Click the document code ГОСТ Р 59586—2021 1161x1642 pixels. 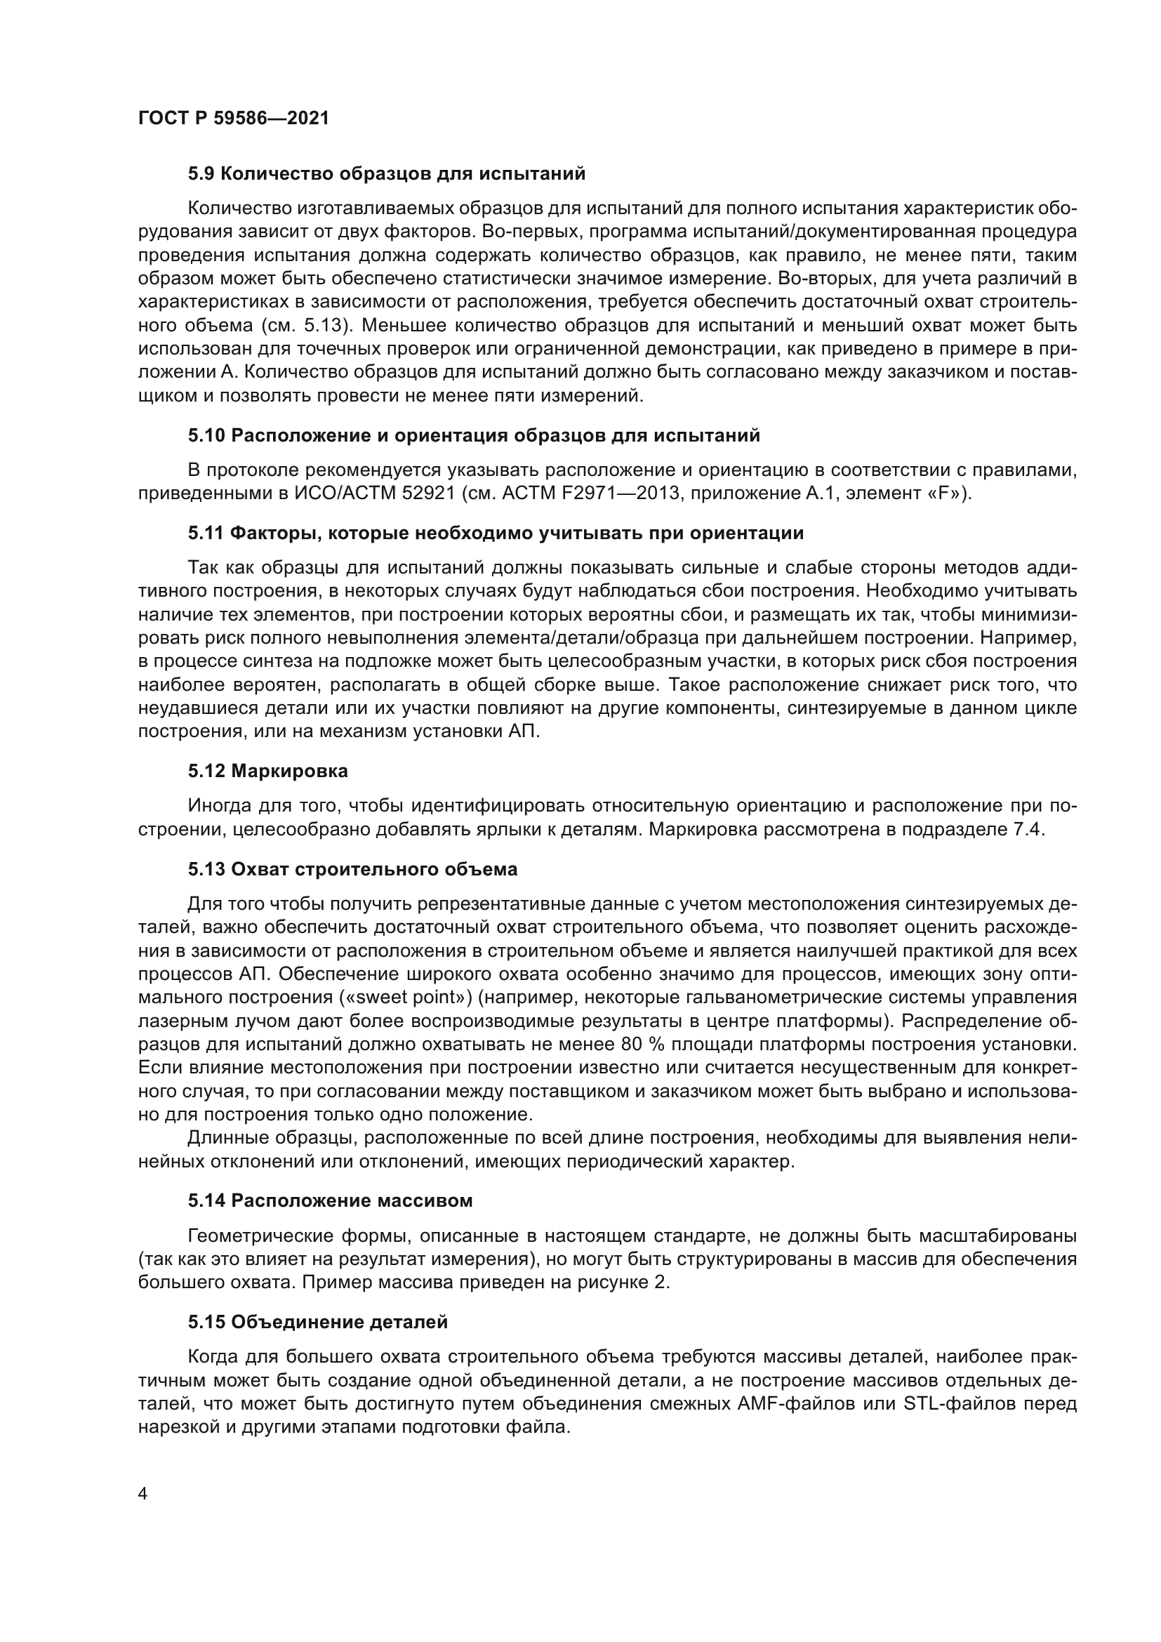click(234, 118)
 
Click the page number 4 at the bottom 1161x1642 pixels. click(143, 1495)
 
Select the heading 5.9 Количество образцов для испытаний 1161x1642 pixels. click(387, 174)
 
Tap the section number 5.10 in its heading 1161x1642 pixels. click(206, 435)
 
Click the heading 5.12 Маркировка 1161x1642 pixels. click(268, 771)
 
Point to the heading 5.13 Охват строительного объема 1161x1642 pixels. click(352, 870)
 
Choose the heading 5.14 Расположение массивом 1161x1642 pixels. click(331, 1200)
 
